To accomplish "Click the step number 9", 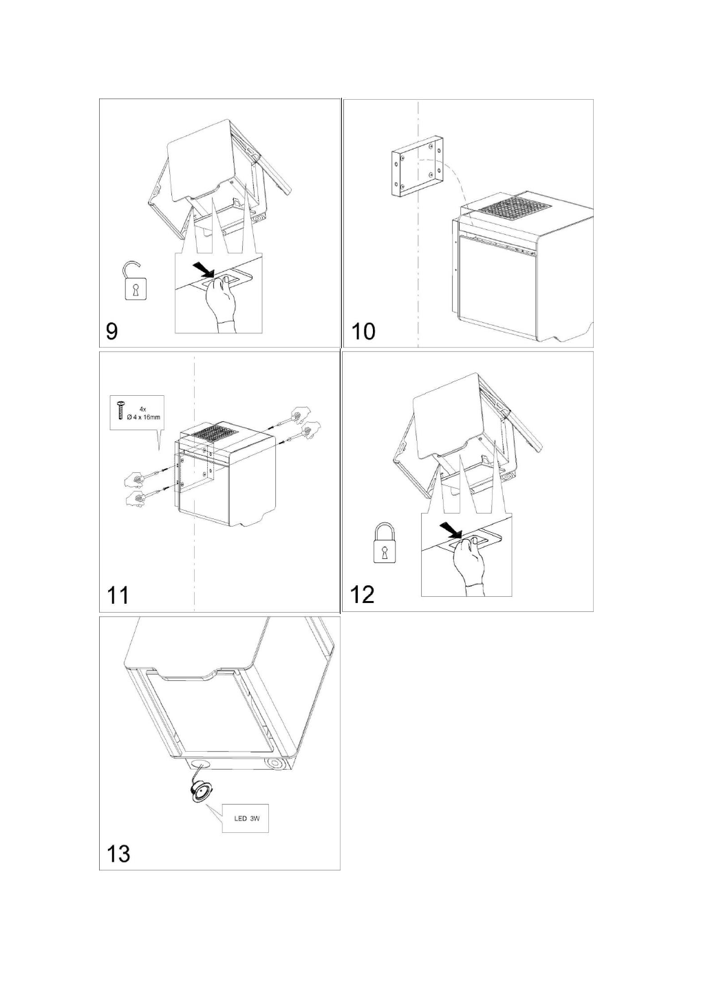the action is point(111,332).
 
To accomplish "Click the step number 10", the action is point(363,332).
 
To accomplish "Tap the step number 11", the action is point(118,595).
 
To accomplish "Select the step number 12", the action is point(363,595).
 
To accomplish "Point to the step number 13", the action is point(118,854).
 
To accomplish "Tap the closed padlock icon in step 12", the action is point(384,544).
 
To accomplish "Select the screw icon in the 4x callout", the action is point(120,410).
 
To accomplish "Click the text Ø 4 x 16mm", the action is point(144,416).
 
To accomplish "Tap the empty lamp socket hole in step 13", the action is point(202,764).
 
